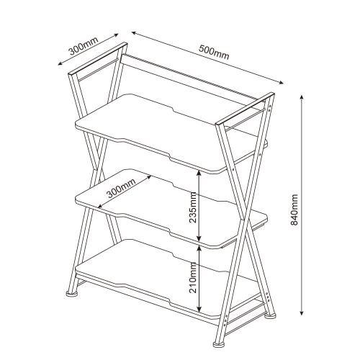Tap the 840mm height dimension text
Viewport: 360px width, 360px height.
[294, 206]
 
